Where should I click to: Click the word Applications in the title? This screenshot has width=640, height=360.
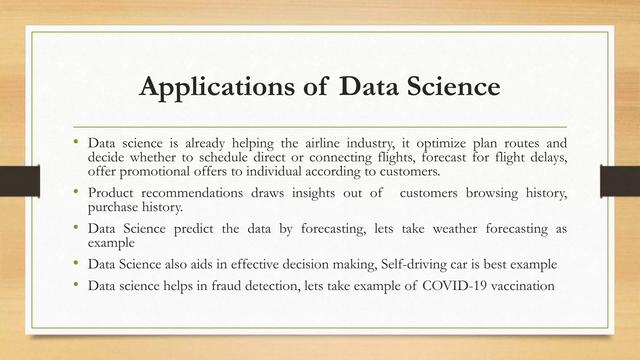[x=217, y=87]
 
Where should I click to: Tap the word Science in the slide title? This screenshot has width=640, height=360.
[x=453, y=86]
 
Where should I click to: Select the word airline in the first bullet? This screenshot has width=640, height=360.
[x=322, y=143]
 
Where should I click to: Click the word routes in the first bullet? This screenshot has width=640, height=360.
[x=522, y=143]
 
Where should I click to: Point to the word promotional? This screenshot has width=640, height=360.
[x=154, y=172]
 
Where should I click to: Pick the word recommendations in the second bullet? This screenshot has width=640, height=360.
[x=192, y=193]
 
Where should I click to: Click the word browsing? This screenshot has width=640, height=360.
[x=492, y=193]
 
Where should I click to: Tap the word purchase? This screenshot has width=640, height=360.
[x=113, y=207]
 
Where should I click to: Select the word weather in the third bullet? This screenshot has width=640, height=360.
[x=455, y=229]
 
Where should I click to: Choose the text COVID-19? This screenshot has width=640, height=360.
[x=454, y=286]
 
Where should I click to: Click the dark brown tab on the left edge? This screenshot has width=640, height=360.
[x=19, y=181]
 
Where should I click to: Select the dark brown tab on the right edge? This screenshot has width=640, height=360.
[x=620, y=181]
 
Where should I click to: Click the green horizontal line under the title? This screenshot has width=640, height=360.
[x=320, y=127]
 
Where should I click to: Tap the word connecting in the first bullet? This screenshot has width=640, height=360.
[x=340, y=157]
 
